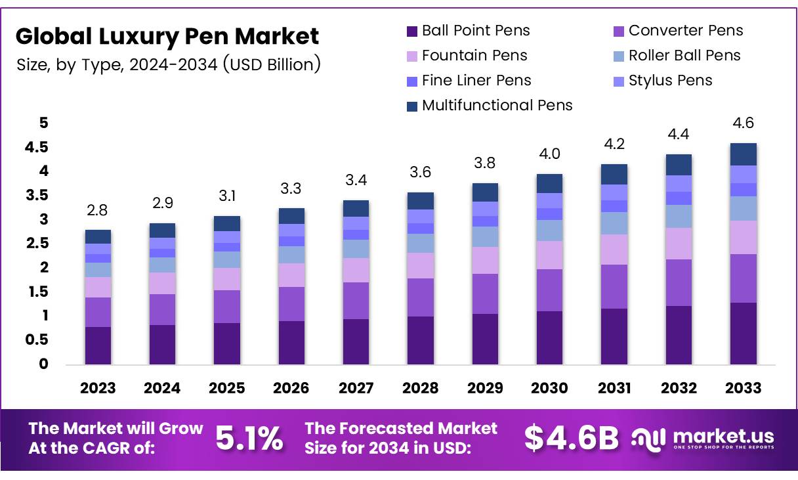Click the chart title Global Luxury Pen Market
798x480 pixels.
(x=167, y=36)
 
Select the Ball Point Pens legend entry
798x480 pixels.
(x=468, y=31)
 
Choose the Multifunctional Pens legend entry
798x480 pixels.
(x=490, y=106)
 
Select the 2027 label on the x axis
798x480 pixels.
(x=356, y=388)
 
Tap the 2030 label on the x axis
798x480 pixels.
(x=549, y=388)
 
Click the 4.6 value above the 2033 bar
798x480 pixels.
(x=743, y=123)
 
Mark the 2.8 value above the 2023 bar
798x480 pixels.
(x=98, y=210)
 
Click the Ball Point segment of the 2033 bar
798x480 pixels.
(x=743, y=334)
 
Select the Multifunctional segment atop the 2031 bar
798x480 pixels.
(x=614, y=174)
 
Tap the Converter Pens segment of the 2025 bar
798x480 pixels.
(x=226, y=307)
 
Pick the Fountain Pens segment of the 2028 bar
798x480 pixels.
(x=420, y=266)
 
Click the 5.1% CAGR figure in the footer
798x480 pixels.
(x=249, y=439)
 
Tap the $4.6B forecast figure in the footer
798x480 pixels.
(x=571, y=439)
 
